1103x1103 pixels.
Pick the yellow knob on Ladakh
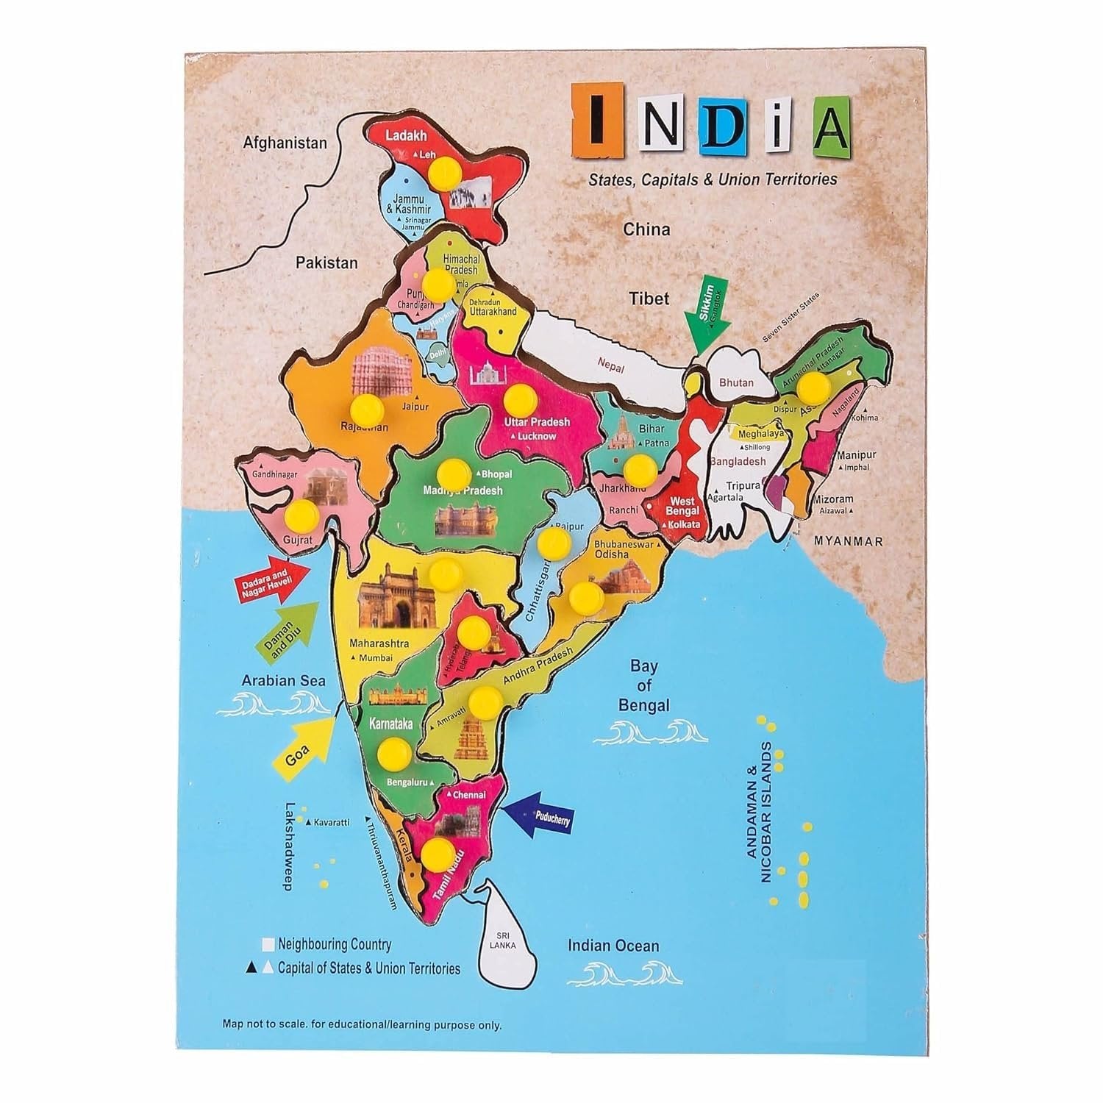(x=446, y=176)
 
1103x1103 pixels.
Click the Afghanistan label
(x=285, y=143)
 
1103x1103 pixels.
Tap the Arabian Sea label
(x=284, y=680)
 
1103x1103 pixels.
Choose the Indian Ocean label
(x=613, y=946)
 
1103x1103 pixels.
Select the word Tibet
(x=649, y=298)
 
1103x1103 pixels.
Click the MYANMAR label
(x=848, y=541)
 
